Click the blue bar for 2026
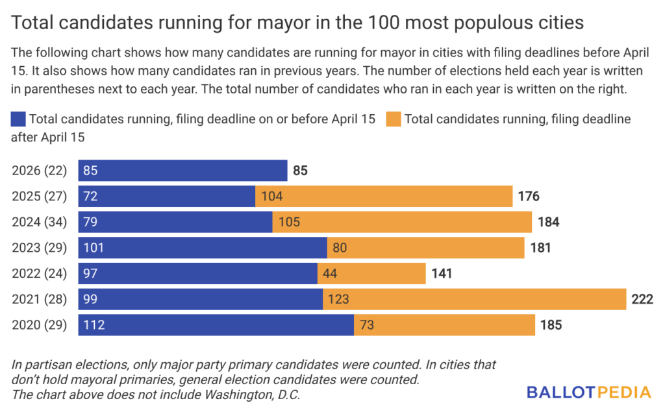(182, 171)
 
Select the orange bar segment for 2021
(474, 299)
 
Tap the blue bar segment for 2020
(216, 325)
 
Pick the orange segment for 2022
(371, 273)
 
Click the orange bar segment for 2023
(425, 248)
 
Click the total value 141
(441, 273)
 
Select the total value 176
(529, 196)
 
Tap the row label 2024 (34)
(39, 222)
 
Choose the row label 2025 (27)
(39, 196)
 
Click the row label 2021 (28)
(39, 299)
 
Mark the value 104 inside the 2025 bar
(271, 196)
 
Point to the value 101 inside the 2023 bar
(94, 248)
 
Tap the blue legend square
(18, 119)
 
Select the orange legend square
(393, 119)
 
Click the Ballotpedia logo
(588, 392)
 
